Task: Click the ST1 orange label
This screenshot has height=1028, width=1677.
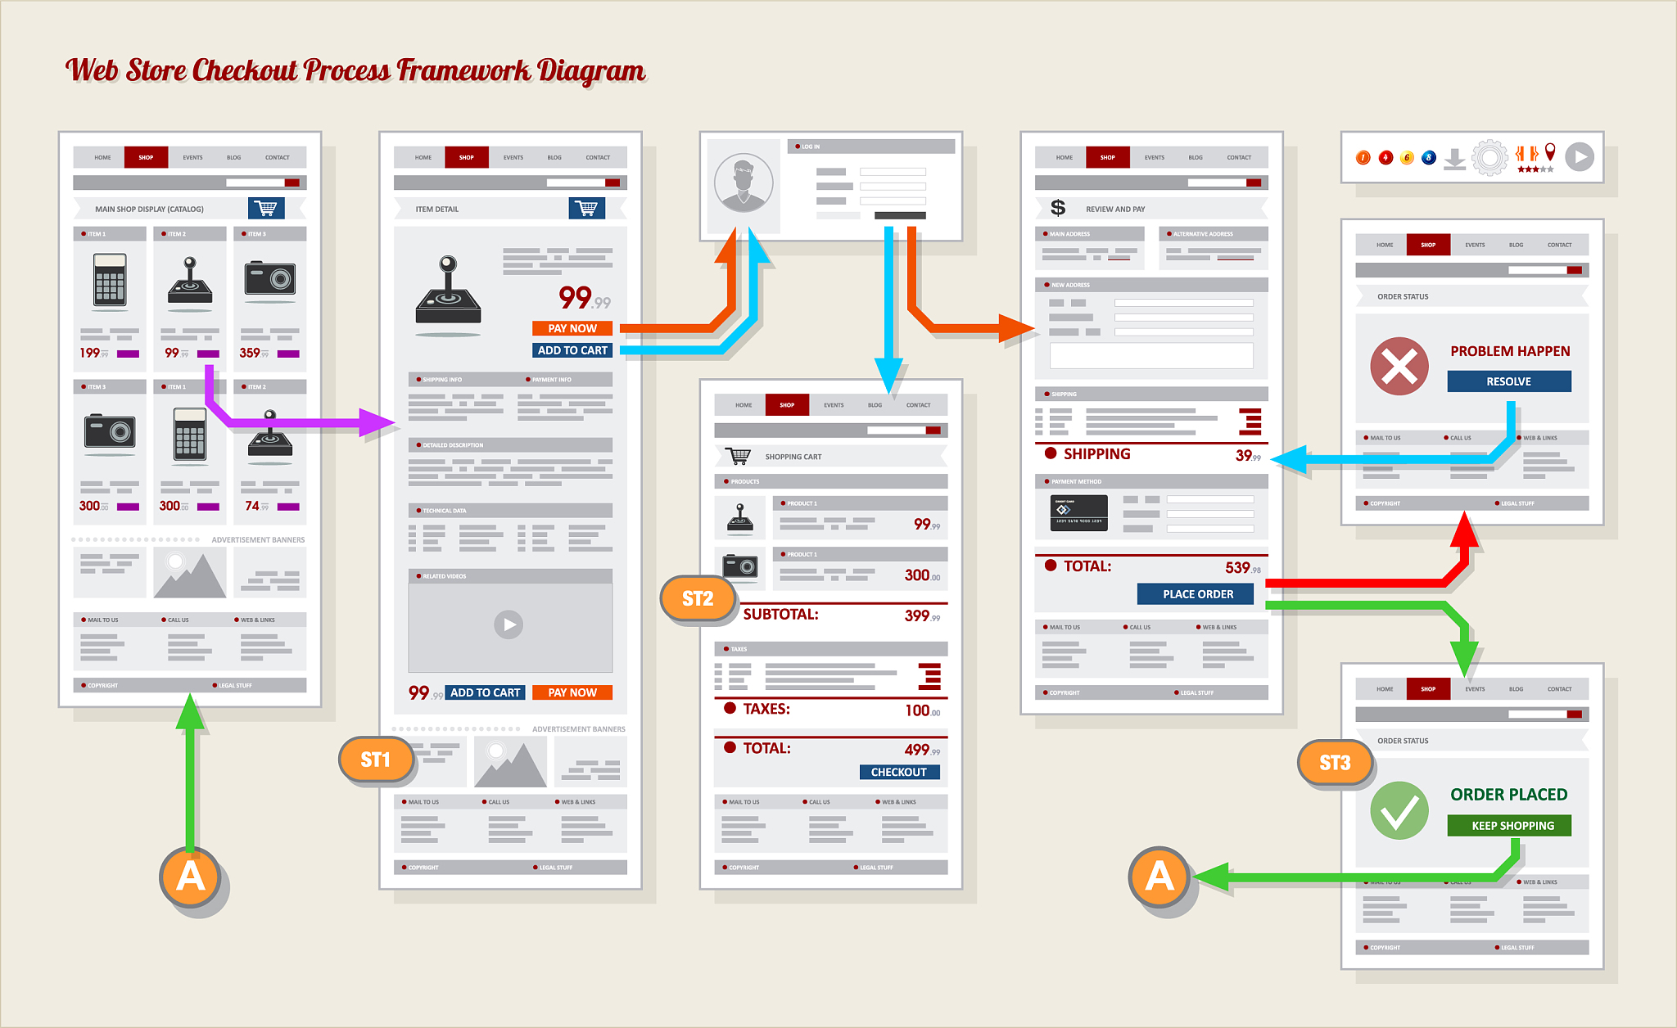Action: coord(376,760)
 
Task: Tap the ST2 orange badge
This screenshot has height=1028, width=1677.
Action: coord(698,598)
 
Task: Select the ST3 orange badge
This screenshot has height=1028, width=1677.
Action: coord(1335,763)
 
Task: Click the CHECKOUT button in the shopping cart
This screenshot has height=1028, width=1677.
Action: coord(899,772)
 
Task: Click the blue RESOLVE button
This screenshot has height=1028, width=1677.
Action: coord(1508,381)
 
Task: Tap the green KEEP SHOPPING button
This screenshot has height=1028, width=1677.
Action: coord(1509,825)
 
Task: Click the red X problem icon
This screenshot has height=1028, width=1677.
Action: coord(1399,366)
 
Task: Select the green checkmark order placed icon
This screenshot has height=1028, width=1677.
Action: coord(1399,810)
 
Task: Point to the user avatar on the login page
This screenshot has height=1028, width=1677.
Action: coord(744,183)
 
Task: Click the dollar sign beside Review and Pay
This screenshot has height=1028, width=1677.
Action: coord(1058,208)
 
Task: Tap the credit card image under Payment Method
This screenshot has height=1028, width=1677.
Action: coord(1078,513)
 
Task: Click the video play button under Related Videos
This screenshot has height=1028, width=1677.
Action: coord(509,624)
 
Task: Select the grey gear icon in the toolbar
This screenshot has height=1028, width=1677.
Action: coord(1489,157)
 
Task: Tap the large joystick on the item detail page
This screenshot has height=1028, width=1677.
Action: coord(448,294)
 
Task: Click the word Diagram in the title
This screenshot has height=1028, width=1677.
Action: coord(591,71)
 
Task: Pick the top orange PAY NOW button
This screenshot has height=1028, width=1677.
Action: coord(572,328)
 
